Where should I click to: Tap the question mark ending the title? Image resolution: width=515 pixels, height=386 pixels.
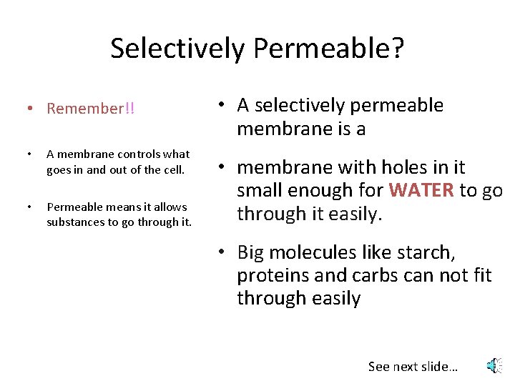(397, 49)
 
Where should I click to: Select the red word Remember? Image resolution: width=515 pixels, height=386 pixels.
(86, 109)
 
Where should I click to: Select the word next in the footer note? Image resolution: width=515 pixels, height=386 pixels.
(406, 367)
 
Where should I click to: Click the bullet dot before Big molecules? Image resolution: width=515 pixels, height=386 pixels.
(224, 252)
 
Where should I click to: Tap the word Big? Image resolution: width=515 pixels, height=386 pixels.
(251, 252)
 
